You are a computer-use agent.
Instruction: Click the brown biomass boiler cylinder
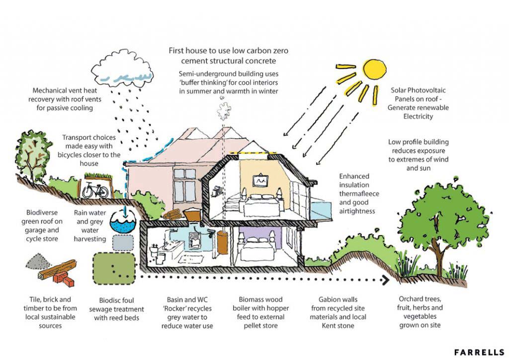(221, 240)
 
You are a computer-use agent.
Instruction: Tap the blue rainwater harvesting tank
(121, 223)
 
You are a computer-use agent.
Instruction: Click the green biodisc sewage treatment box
(115, 268)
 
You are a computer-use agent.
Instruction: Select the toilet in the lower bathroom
(162, 253)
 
